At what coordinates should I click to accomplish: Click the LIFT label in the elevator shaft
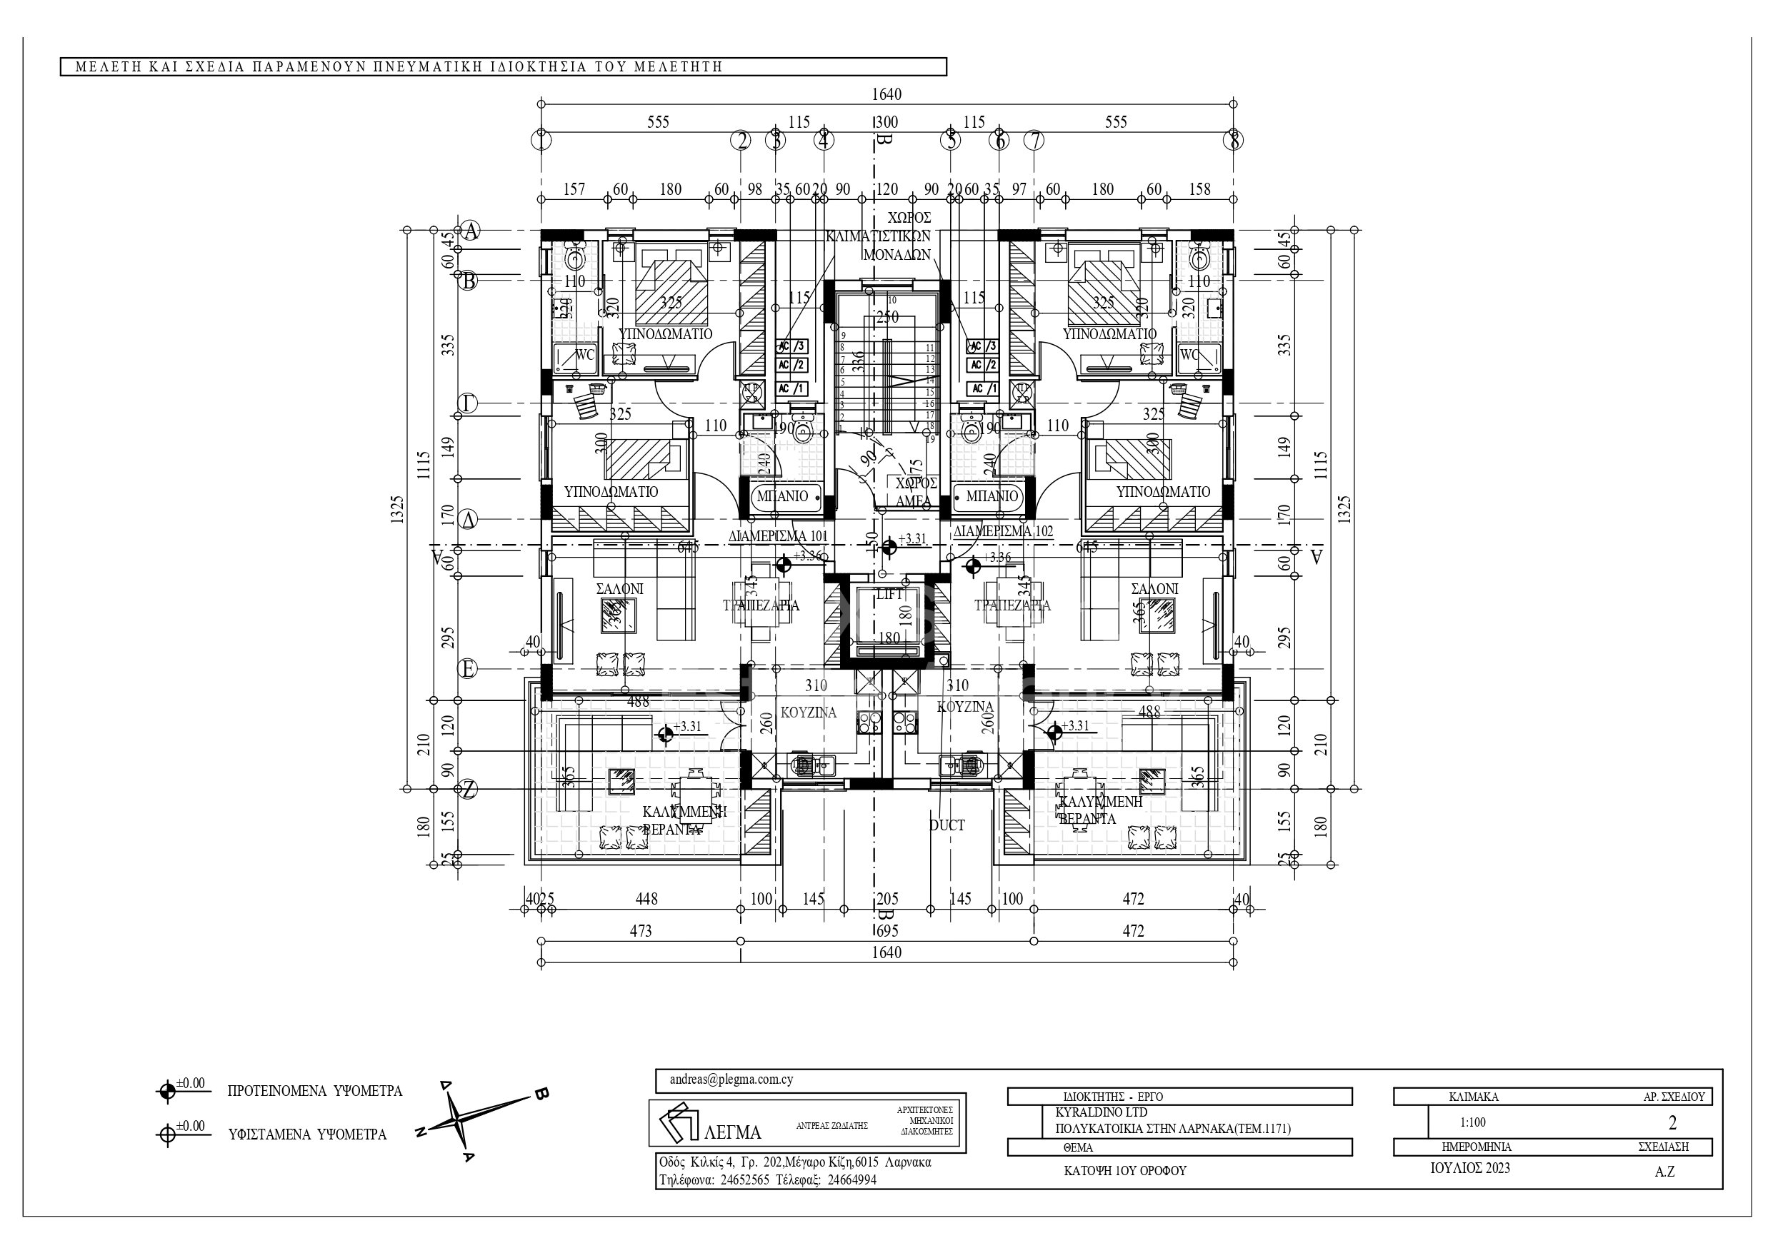pos(889,595)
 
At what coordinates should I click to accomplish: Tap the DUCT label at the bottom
pos(947,825)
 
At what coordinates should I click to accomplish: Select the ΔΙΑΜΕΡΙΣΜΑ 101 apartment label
pos(779,535)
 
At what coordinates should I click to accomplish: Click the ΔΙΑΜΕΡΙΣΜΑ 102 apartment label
pos(1002,532)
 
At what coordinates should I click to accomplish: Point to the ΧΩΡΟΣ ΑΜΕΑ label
pos(915,492)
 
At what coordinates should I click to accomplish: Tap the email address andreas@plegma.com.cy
pos(731,1080)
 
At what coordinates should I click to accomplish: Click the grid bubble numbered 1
pos(542,141)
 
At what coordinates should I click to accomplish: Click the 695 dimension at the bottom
pos(886,931)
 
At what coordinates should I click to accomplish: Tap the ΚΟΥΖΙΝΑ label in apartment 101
pos(808,713)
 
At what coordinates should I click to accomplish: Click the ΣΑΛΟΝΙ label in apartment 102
pos(1154,589)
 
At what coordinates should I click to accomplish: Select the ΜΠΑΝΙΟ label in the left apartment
pos(781,496)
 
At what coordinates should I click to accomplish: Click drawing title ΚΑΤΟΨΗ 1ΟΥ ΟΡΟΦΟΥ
pos(1124,1170)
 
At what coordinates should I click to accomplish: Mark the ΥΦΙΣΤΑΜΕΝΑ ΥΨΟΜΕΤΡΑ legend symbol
pos(166,1136)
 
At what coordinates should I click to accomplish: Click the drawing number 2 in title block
pos(1672,1122)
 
